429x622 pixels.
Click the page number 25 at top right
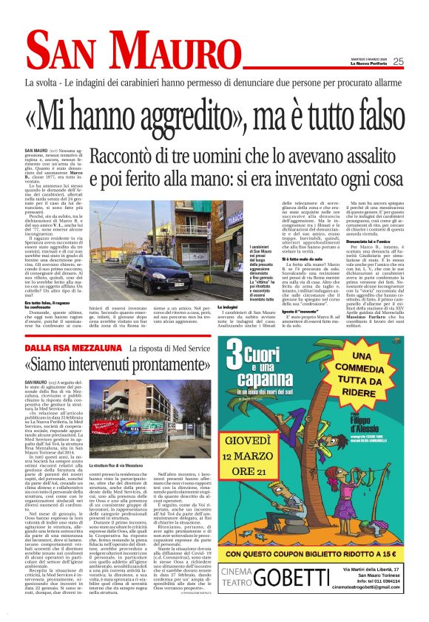(419, 61)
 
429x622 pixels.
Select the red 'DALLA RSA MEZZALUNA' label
(72, 347)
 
